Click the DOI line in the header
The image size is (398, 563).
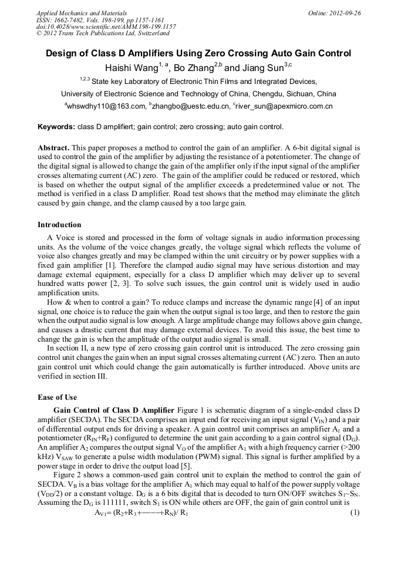106,26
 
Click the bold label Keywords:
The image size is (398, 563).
56,126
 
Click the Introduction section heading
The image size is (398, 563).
59,225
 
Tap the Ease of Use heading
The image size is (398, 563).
57,397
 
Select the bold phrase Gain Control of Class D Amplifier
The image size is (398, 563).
113,409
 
